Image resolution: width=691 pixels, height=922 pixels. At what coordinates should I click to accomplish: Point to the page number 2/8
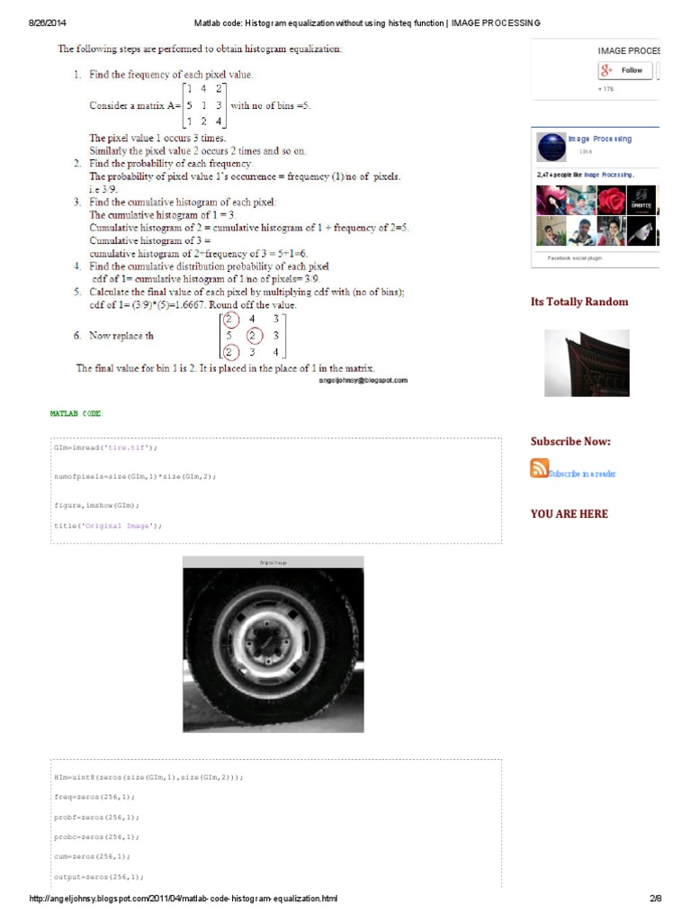pyautogui.click(x=655, y=899)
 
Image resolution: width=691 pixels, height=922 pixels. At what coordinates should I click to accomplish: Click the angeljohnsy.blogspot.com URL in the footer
pyautogui.click(x=184, y=899)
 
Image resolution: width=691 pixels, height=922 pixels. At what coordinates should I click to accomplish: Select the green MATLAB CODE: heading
pyautogui.click(x=76, y=413)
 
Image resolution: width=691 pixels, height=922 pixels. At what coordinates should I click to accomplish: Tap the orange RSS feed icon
pyautogui.click(x=539, y=468)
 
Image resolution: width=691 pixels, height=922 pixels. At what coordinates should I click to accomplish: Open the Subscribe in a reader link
pyautogui.click(x=582, y=474)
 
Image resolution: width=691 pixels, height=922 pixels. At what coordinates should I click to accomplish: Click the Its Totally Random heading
pyautogui.click(x=579, y=302)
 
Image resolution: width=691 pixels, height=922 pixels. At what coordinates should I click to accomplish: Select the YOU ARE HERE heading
pyautogui.click(x=569, y=514)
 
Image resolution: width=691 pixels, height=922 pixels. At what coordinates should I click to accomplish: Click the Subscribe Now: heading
pyautogui.click(x=570, y=441)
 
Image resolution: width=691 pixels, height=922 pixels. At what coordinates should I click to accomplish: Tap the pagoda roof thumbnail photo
pyautogui.click(x=587, y=363)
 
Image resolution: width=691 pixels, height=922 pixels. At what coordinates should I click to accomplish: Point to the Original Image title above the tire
pyautogui.click(x=273, y=562)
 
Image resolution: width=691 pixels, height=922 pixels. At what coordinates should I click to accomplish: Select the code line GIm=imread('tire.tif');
pyautogui.click(x=105, y=447)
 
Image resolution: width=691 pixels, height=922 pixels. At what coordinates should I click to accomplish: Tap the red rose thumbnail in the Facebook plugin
pyautogui.click(x=612, y=200)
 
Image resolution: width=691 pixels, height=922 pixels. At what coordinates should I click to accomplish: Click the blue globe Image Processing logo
pyautogui.click(x=551, y=148)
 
